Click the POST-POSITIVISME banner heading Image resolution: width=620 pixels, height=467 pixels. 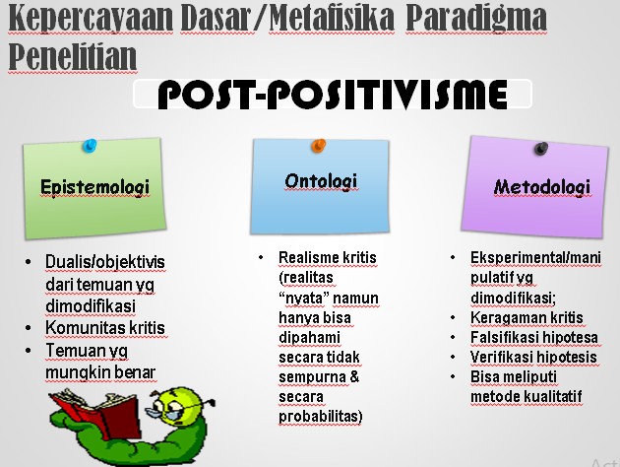(x=333, y=96)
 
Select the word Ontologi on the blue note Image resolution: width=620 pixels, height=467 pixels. (x=320, y=180)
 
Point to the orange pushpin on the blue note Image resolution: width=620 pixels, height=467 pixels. (x=318, y=146)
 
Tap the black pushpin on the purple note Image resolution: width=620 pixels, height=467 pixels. (x=539, y=149)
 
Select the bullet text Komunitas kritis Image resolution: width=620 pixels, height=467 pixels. (x=104, y=328)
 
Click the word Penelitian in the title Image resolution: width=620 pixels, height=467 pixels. (x=72, y=57)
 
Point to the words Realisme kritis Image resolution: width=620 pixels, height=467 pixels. (x=327, y=258)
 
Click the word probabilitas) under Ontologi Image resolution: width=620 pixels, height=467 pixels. (x=321, y=417)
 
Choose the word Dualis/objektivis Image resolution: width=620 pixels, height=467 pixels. (x=105, y=261)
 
